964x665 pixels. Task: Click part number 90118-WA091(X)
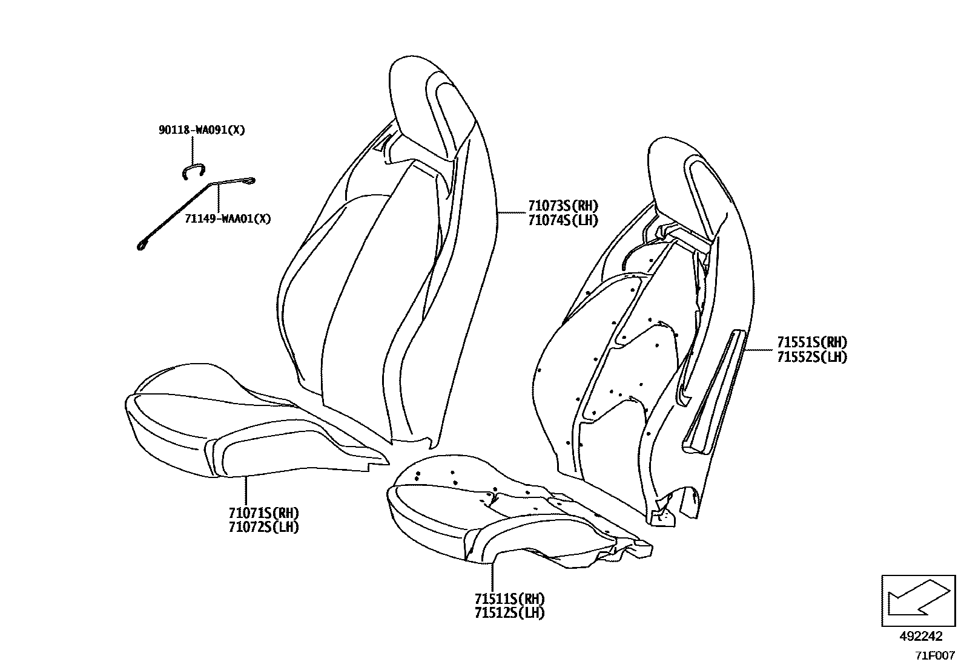202,130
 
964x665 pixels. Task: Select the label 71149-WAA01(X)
228,218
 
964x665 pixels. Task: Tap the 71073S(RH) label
563,206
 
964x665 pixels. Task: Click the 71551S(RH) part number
812,342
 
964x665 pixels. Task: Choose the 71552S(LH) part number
812,357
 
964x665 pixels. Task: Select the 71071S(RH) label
263,513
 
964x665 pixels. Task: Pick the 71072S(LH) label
263,527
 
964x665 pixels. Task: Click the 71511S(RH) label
510,599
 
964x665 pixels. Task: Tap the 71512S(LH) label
510,613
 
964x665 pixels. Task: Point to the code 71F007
934,655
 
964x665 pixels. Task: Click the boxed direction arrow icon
917,600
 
